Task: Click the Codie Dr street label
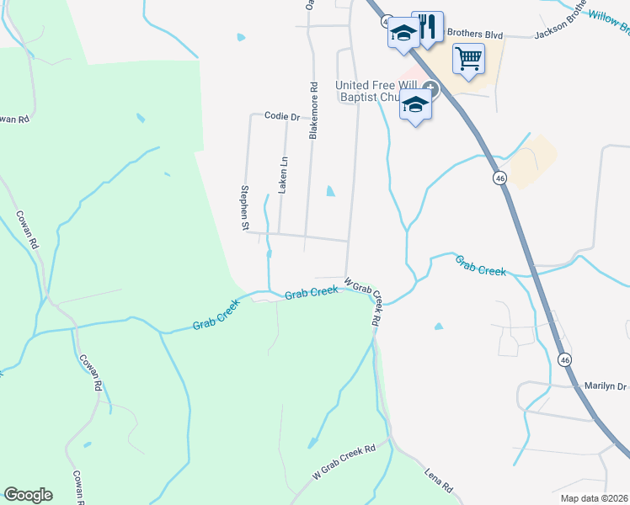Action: click(x=282, y=116)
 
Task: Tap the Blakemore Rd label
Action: click(x=313, y=110)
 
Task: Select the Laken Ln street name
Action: click(x=284, y=175)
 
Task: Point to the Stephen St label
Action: click(x=245, y=208)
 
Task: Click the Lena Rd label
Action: click(x=438, y=481)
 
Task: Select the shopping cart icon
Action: click(x=468, y=59)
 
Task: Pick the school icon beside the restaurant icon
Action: click(x=403, y=34)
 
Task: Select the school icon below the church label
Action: click(x=416, y=104)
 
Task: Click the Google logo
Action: click(x=28, y=495)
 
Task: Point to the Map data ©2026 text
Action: click(x=594, y=498)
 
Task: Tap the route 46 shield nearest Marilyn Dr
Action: click(x=564, y=359)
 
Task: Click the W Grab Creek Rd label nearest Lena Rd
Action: click(x=344, y=462)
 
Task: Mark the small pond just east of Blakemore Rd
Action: click(x=330, y=191)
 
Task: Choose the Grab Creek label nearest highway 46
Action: click(x=481, y=267)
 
